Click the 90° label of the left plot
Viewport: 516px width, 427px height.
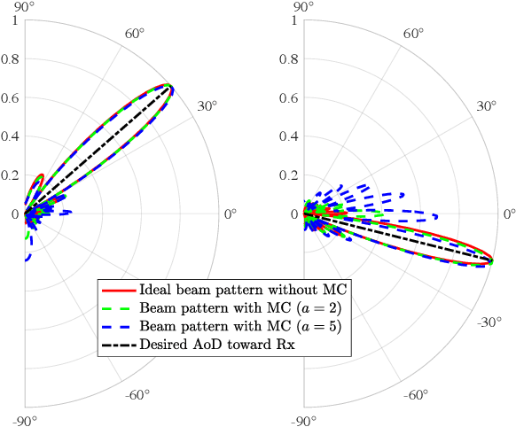point(24,8)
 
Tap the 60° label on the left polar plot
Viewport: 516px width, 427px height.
point(135,34)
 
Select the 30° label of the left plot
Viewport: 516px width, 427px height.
point(207,106)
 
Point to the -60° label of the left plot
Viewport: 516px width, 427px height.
point(135,394)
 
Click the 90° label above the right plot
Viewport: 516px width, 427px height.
point(303,8)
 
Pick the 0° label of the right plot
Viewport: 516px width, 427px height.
point(509,213)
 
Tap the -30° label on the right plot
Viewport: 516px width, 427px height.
point(487,322)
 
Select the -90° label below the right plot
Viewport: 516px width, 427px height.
point(303,420)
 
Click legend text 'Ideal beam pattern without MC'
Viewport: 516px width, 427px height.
point(240,290)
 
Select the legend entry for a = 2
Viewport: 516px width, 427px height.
point(231,307)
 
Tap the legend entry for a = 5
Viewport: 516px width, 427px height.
point(231,326)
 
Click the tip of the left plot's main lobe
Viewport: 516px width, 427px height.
point(171,88)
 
